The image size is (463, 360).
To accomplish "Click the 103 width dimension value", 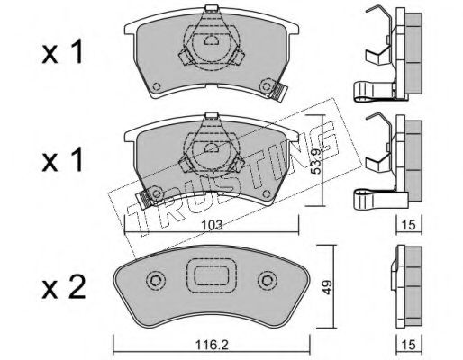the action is pyautogui.click(x=212, y=225).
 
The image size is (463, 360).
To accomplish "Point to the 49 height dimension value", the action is pyautogui.click(x=327, y=287).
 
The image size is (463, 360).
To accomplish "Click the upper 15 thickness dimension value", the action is pyautogui.click(x=409, y=225).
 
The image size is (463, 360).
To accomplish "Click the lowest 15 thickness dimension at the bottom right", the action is pyautogui.click(x=409, y=345).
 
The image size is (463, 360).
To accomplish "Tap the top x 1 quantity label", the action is pyautogui.click(x=62, y=52).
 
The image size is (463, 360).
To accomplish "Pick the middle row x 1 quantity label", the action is pyautogui.click(x=62, y=160).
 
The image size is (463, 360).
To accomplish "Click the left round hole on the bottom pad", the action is pyautogui.click(x=156, y=281).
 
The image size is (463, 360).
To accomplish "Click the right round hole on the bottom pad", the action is pyautogui.click(x=267, y=281).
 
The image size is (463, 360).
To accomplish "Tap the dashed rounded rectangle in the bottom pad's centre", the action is pyautogui.click(x=212, y=275).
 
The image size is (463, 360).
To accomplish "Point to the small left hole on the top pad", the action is pyautogui.click(x=157, y=86).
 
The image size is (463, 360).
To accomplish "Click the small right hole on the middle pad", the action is pyautogui.click(x=266, y=194).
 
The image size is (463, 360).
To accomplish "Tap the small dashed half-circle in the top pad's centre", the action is pyautogui.click(x=212, y=40).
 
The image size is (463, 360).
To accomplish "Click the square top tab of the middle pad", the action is pyautogui.click(x=212, y=116).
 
